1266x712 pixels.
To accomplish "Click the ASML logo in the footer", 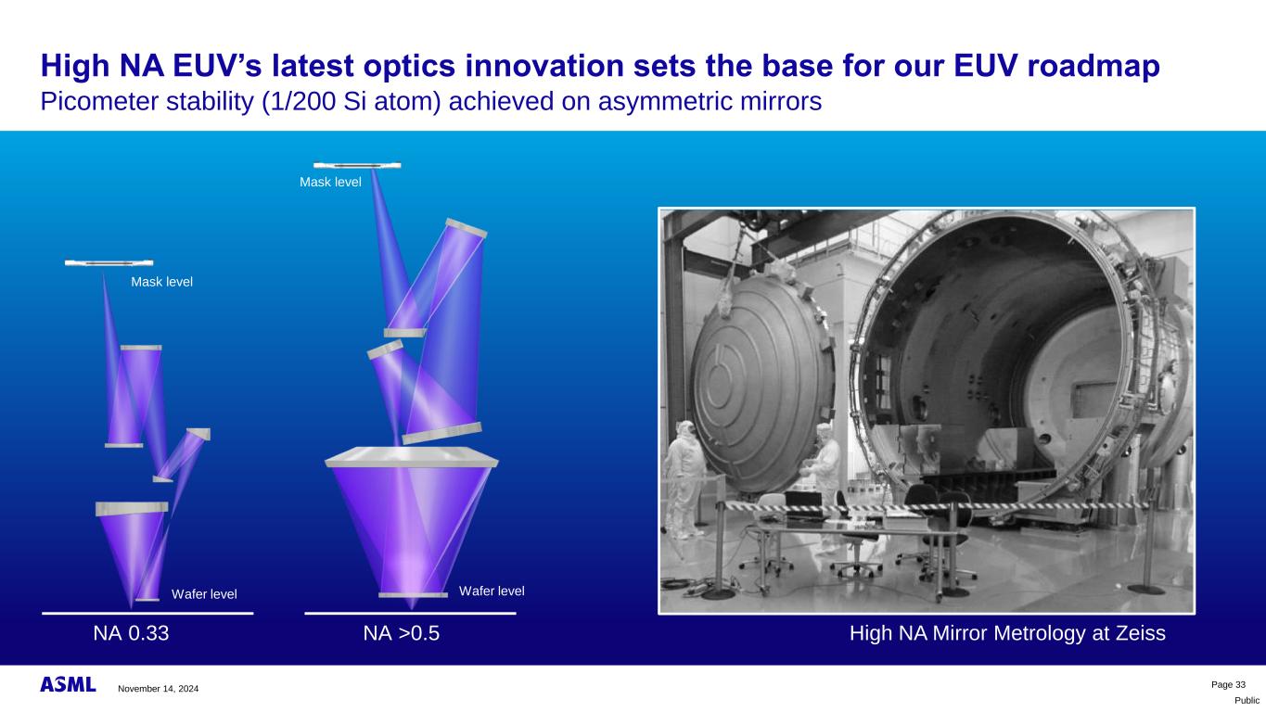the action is point(68,684).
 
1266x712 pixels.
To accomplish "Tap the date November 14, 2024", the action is point(159,689).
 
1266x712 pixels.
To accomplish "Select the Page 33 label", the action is point(1228,685).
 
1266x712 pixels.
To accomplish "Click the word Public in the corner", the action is point(1247,701).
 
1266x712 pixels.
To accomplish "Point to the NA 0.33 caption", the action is point(131,633).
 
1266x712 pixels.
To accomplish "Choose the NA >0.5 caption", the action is point(402,633).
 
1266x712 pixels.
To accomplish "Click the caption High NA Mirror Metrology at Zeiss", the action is point(1007,633).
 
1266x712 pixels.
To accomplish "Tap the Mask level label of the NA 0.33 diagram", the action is point(161,282).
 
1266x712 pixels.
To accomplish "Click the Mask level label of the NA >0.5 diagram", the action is point(330,182).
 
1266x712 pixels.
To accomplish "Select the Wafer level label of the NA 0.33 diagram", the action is point(204,594).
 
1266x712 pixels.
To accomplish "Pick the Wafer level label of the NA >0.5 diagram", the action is point(492,591).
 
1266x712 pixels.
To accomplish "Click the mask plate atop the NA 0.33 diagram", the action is point(109,262).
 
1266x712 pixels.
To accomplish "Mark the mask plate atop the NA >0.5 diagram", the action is point(357,166).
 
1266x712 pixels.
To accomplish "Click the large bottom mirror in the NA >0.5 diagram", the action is point(412,457).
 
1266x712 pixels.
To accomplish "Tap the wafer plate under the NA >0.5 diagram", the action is point(413,595).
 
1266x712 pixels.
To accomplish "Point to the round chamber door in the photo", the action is point(761,384).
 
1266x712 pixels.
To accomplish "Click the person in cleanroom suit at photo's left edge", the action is point(685,477).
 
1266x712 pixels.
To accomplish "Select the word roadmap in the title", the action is point(1093,66).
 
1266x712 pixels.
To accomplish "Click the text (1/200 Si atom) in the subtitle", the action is point(351,102).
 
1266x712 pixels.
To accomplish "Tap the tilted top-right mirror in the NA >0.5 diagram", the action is point(466,228).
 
